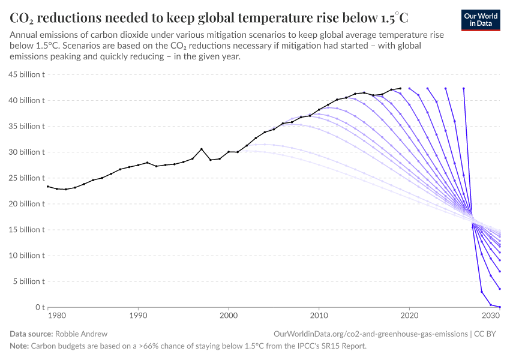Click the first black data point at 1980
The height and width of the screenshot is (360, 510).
coord(48,187)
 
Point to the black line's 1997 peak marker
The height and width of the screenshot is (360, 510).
coord(202,149)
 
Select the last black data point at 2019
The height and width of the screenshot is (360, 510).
coord(400,88)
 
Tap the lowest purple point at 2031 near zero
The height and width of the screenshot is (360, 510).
coord(500,307)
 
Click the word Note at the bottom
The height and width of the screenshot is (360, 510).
coord(19,346)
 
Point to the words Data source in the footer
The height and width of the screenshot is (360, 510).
coord(31,334)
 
